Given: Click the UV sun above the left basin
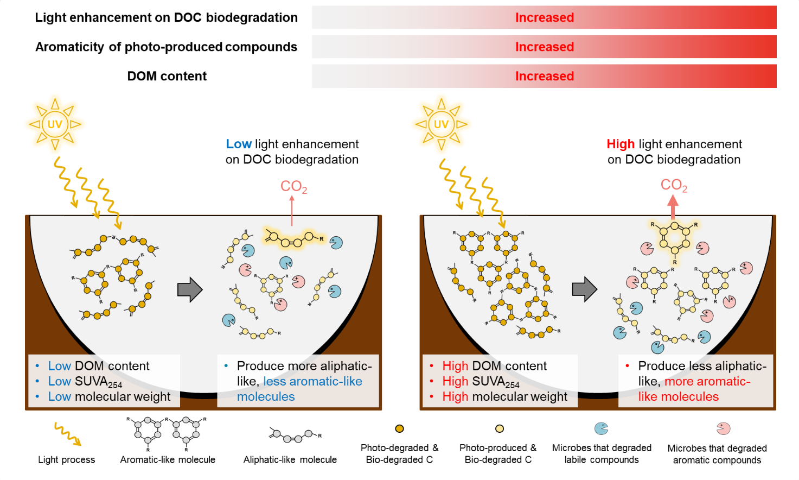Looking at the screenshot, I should tap(55, 124).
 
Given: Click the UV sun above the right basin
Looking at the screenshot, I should tap(441, 124).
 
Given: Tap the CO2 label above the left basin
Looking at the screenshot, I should tap(293, 187).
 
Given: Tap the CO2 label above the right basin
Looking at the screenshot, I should tap(674, 186).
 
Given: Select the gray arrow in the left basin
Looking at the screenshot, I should tap(190, 289).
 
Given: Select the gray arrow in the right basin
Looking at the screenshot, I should tap(584, 289).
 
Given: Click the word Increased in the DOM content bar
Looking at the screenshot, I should tap(544, 76).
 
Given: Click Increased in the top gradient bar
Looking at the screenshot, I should tap(544, 17).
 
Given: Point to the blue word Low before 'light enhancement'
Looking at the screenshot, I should tap(239, 144).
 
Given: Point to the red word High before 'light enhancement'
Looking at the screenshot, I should tap(621, 144).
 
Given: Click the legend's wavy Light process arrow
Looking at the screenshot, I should tap(67, 434).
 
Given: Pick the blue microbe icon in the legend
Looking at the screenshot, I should tap(601, 429).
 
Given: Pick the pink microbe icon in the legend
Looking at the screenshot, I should tap(723, 429).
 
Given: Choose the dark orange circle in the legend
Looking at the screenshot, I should tap(400, 429).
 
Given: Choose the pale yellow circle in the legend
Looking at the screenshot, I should tap(500, 429).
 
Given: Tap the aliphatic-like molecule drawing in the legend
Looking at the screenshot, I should tap(295, 434).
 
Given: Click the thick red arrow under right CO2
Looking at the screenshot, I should tap(673, 206).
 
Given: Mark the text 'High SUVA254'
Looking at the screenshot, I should tap(481, 382).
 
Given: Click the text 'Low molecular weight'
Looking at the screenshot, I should tap(109, 397).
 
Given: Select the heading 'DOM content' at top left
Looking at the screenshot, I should tap(167, 76).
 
